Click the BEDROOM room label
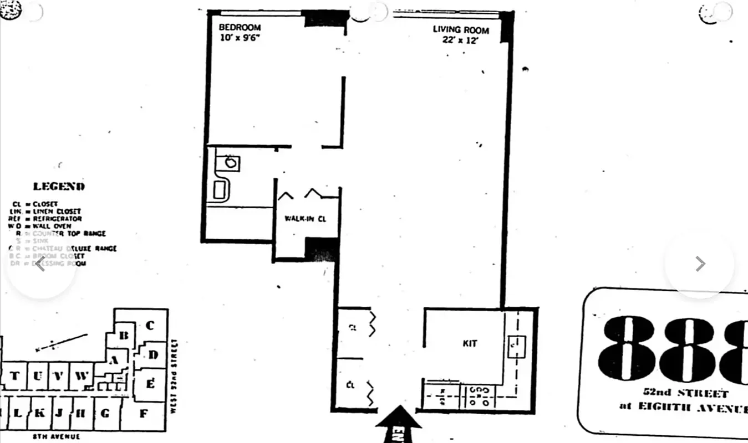tap(240, 27)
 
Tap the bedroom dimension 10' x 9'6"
tap(240, 38)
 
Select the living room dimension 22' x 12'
tap(460, 40)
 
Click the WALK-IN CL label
tap(305, 219)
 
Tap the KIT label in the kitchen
tap(470, 343)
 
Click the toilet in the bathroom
tap(220, 189)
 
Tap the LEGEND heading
tap(59, 187)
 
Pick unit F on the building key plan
tap(143, 413)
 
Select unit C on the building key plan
tap(149, 326)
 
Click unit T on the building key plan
tap(15, 377)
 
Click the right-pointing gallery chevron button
tap(700, 264)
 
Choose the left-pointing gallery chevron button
tap(40, 264)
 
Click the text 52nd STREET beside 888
tap(685, 394)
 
